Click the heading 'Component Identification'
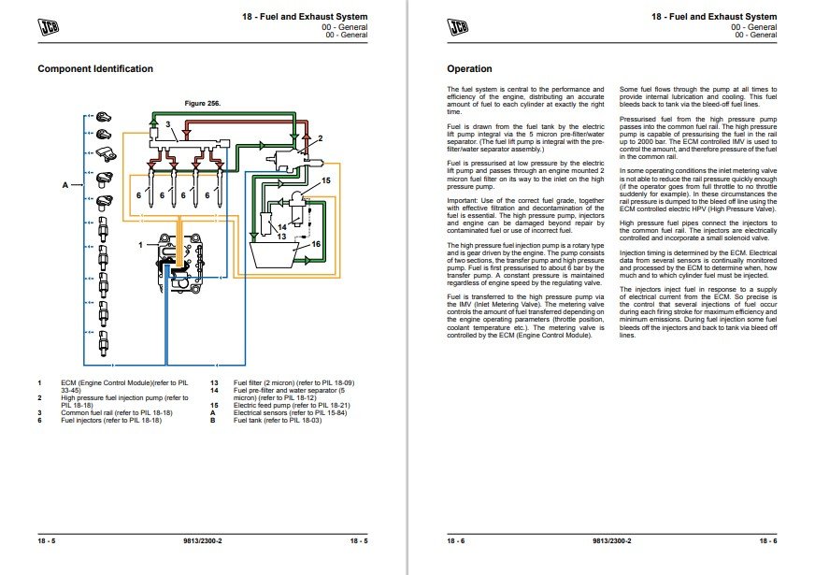95,68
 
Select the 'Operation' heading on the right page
469,68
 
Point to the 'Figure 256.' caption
202,102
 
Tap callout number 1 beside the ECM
141,244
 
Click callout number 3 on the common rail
167,124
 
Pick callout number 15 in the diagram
325,180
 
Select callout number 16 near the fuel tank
316,243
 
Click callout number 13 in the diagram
279,237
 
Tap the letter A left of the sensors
65,185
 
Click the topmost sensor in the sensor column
105,118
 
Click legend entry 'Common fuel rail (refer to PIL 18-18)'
117,411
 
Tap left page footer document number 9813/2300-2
202,542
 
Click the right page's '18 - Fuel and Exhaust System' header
716,17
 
